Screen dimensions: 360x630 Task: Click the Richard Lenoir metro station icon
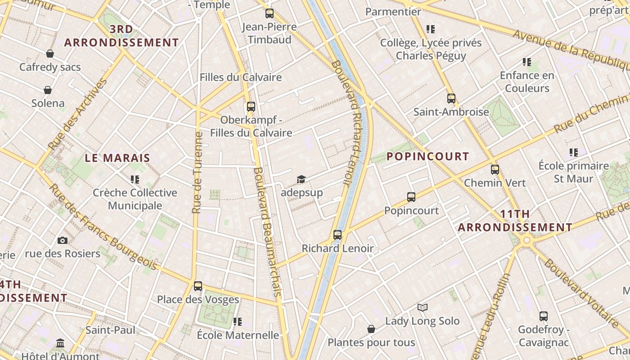tap(337, 234)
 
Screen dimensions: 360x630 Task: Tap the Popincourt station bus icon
tap(411, 197)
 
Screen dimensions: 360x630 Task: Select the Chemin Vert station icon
tap(495, 170)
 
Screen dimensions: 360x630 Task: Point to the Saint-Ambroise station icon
tap(451, 98)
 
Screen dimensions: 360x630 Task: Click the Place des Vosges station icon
tap(198, 286)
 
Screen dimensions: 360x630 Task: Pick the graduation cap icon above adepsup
tap(301, 180)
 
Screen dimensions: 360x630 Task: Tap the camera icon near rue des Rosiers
tap(63, 240)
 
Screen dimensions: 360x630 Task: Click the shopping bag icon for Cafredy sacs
tap(50, 54)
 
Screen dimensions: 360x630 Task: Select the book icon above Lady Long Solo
tap(422, 307)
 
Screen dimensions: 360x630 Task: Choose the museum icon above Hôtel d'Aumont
tap(60, 344)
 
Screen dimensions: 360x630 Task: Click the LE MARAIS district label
tap(117, 158)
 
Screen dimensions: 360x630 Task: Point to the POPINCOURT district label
tap(428, 156)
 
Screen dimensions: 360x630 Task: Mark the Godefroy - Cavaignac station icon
tap(544, 316)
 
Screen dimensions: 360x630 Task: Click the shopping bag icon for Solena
tap(48, 90)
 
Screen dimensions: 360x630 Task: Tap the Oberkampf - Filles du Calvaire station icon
tap(251, 107)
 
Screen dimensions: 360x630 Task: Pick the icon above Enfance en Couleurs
tap(527, 62)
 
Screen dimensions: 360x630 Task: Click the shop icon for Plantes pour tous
tap(371, 329)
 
